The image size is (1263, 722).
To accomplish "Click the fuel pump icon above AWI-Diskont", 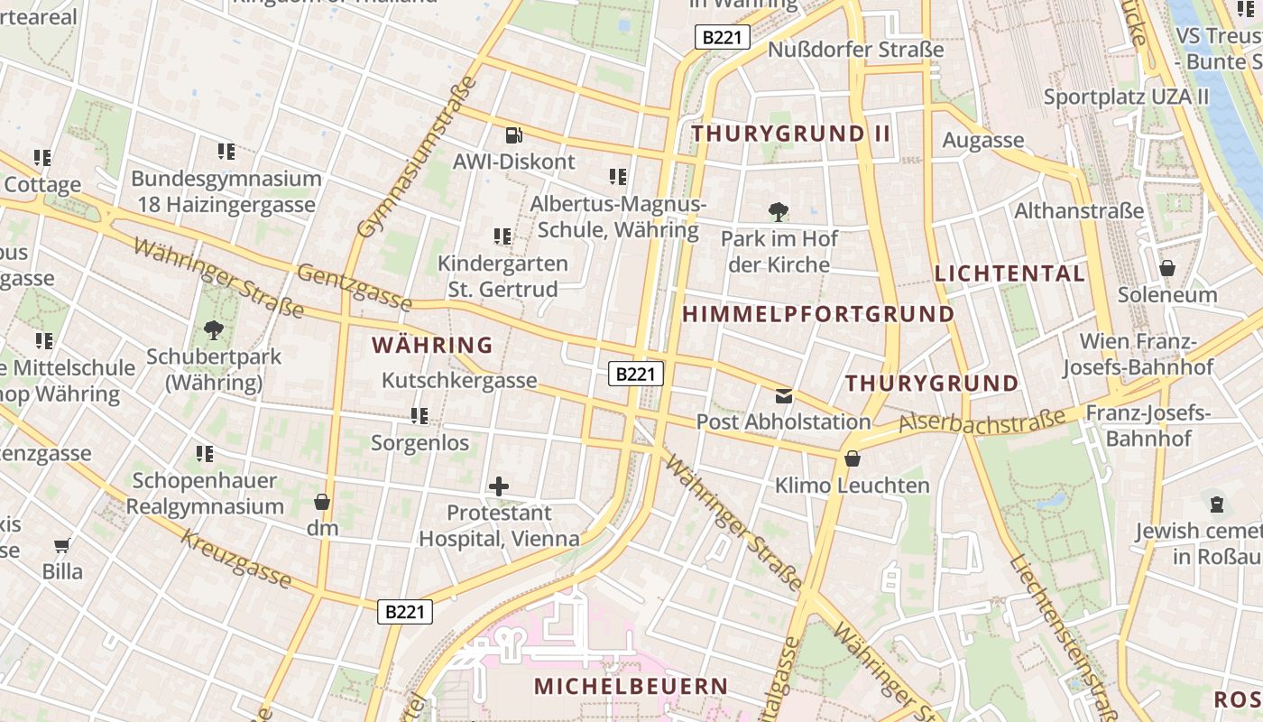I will pos(514,135).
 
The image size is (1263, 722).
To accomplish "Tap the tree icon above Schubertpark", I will pos(214,330).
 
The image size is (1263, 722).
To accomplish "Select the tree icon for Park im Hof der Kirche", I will pos(778,213).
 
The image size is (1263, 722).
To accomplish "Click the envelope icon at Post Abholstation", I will pos(783,395).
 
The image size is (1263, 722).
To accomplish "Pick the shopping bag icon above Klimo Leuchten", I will pos(852,459).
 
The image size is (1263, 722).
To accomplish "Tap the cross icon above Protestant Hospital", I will pos(498,487).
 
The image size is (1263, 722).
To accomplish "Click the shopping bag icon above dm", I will pos(322,502).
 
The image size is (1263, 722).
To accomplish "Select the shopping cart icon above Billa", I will pos(62,545).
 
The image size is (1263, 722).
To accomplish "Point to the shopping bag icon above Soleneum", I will pos(1167,268).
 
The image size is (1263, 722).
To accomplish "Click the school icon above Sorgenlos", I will pos(419,416).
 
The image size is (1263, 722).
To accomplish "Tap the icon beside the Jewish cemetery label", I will pos(1217,504).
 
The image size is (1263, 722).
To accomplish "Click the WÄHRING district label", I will pos(432,345).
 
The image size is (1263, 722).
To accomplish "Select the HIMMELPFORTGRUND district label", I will pos(818,314).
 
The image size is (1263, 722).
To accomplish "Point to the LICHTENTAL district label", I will pos(1009,273).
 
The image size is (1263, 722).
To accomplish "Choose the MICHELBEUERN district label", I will pos(631,686).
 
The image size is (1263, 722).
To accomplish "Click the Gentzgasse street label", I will pos(354,286).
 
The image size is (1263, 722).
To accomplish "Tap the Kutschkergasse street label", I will pos(459,380).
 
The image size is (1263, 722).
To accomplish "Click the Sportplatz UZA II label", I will pos(1126,97).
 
